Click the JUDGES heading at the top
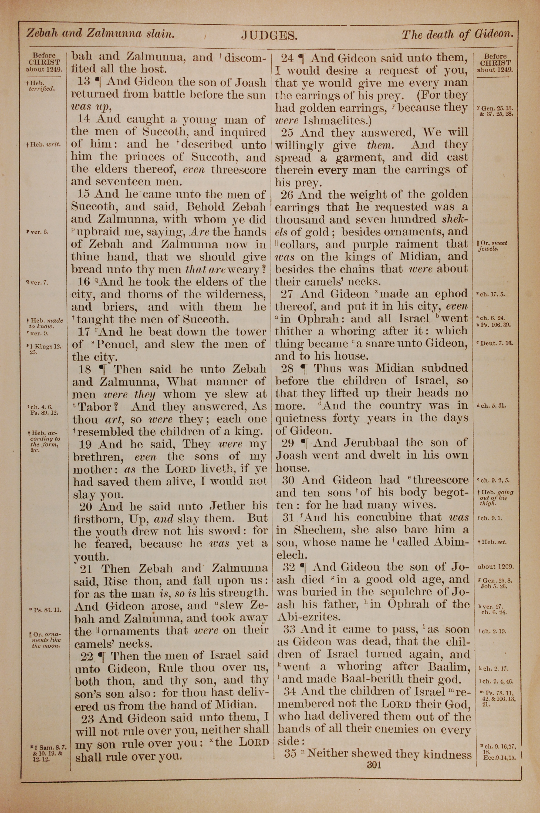point(269,35)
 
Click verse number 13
point(83,82)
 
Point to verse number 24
point(288,58)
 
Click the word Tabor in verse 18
point(96,407)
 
